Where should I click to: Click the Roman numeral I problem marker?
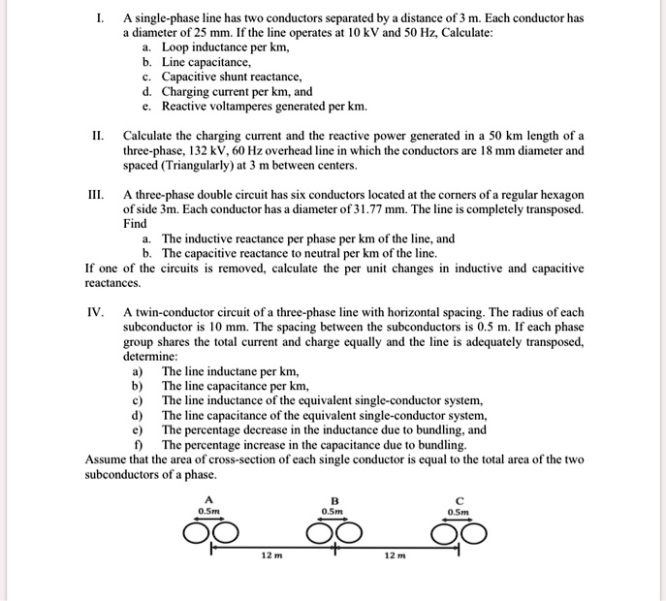[x=99, y=17]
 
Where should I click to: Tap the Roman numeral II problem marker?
[x=98, y=135]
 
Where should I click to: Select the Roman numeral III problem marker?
[x=96, y=194]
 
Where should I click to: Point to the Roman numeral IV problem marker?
[x=95, y=312]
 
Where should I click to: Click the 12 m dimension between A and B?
[x=272, y=555]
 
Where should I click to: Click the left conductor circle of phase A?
[x=198, y=534]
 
